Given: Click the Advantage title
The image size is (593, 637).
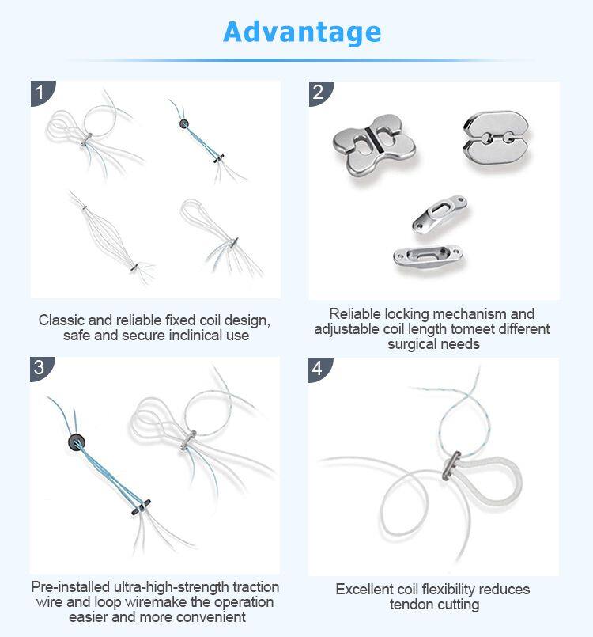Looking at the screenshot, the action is click(302, 32).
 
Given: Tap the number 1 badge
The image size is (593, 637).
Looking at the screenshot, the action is click(42, 93).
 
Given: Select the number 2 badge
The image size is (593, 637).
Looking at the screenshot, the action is click(320, 93).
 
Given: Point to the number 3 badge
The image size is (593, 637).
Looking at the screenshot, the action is click(42, 369).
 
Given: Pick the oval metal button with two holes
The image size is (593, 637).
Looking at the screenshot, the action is click(496, 138).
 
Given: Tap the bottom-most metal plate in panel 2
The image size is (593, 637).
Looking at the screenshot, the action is click(428, 256).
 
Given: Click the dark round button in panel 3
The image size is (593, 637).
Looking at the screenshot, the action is click(77, 442).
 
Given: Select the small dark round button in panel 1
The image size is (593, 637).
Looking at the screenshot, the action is click(184, 123).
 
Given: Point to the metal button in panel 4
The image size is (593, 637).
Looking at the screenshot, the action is click(451, 465).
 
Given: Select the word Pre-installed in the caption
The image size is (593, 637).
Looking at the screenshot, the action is click(70, 587).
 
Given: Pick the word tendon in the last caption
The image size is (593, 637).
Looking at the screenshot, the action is click(410, 605).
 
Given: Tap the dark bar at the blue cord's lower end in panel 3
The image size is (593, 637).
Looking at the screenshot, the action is click(141, 507).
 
